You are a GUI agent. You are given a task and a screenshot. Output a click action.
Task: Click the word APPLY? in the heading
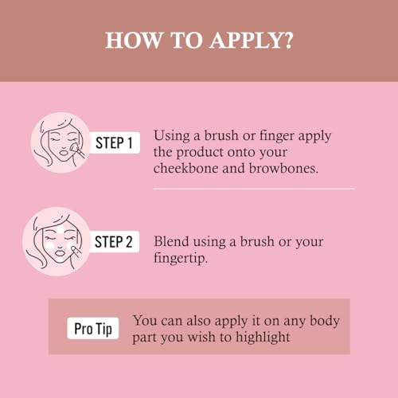click(252, 41)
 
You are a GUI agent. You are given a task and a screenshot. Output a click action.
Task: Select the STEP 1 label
click(114, 142)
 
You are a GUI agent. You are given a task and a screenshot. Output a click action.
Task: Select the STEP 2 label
click(114, 242)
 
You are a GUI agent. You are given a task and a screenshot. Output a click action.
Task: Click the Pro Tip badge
click(93, 328)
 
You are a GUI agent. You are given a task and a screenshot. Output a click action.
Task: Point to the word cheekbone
click(185, 168)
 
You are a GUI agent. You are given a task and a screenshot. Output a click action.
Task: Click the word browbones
click(283, 168)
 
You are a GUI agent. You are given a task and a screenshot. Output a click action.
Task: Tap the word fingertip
click(181, 258)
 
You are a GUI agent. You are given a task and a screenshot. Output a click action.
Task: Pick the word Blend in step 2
click(171, 241)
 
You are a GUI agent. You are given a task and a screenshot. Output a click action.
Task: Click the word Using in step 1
click(171, 136)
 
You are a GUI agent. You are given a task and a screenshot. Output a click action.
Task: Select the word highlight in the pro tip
click(263, 337)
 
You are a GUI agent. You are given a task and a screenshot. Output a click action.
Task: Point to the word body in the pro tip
click(325, 321)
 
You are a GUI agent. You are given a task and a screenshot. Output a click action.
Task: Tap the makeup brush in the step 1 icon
click(77, 150)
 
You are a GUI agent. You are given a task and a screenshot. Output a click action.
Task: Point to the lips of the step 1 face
click(64, 153)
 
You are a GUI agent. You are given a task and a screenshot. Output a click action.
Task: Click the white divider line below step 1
click(254, 189)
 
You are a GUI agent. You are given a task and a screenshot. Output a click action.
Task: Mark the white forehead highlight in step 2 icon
click(61, 228)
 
